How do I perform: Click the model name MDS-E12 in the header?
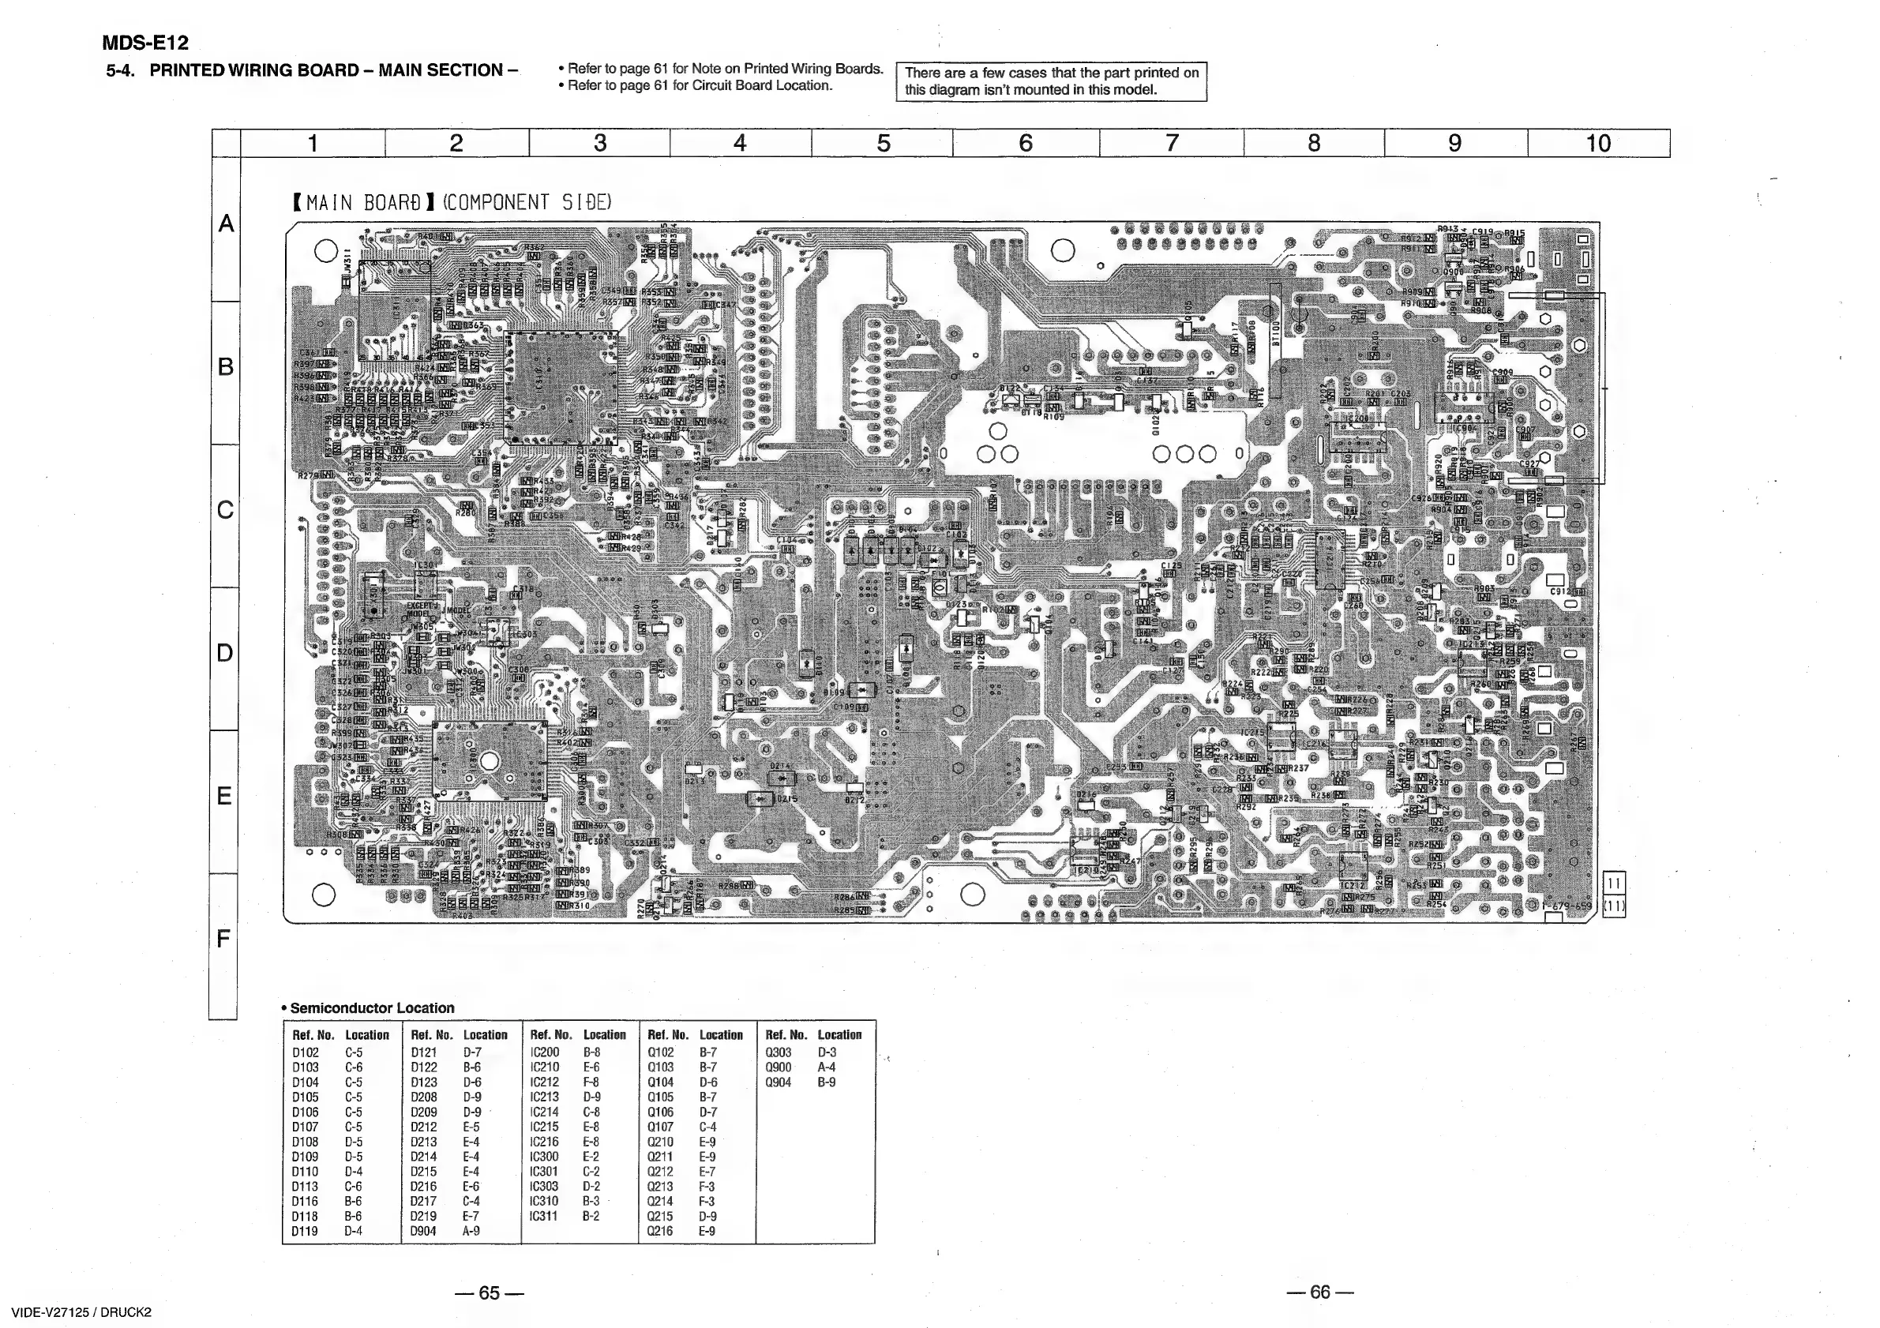click(145, 43)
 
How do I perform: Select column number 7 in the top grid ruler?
click(1172, 143)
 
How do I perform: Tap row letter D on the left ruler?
click(224, 652)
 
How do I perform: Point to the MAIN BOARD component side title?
click(452, 202)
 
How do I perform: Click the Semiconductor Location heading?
click(372, 1008)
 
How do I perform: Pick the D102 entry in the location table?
click(306, 1052)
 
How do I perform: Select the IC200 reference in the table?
click(545, 1052)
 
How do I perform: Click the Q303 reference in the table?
click(779, 1052)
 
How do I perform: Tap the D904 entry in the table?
click(423, 1231)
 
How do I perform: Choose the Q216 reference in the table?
click(661, 1231)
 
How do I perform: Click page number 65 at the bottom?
click(489, 1292)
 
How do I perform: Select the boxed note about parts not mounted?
click(1052, 81)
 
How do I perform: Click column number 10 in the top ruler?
click(1597, 143)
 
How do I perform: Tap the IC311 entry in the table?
click(545, 1216)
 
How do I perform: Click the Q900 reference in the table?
click(779, 1067)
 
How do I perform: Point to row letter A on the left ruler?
click(225, 223)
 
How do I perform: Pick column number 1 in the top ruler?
click(312, 143)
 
